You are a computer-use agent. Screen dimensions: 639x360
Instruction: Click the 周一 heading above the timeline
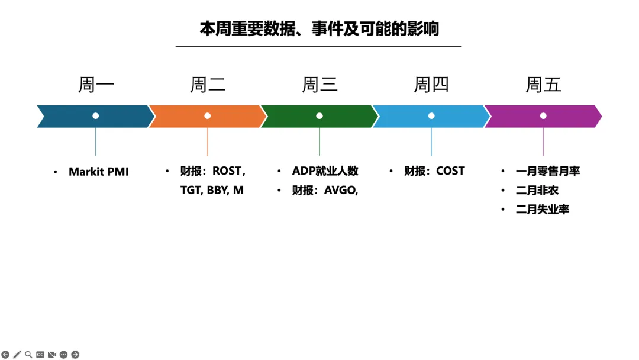[x=96, y=85]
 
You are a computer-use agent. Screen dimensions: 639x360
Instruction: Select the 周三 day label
[x=319, y=85]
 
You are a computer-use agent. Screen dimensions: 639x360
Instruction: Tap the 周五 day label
[x=543, y=85]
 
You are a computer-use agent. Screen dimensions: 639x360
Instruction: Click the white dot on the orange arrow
[x=208, y=116]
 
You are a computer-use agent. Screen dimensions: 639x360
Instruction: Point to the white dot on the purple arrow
[x=543, y=116]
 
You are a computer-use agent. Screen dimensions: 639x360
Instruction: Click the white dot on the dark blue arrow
[x=96, y=116]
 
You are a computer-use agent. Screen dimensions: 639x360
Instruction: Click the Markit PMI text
[x=98, y=172]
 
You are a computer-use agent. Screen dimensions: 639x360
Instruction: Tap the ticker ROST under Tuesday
[x=227, y=171]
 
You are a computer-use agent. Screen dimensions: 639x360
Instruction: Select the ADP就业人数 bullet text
[x=325, y=171]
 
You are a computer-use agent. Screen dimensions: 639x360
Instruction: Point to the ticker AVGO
[x=340, y=190]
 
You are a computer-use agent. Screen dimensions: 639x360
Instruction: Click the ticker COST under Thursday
[x=450, y=171]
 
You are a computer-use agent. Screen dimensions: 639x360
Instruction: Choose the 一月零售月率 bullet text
[x=547, y=171]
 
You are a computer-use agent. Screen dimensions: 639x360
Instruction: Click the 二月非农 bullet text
[x=537, y=190]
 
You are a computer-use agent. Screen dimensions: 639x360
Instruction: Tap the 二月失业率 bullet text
[x=542, y=209]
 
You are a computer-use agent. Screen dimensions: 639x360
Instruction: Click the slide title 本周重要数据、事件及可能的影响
[x=319, y=29]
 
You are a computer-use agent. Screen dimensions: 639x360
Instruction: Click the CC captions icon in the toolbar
[x=40, y=355]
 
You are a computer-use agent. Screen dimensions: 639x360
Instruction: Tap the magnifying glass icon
[x=28, y=355]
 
